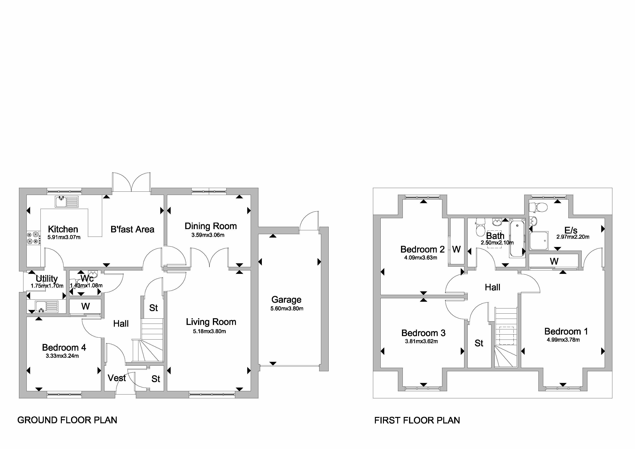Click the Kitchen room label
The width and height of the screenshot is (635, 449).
point(63,229)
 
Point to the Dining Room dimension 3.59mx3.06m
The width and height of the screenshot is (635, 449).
point(208,235)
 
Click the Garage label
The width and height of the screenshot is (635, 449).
point(286,300)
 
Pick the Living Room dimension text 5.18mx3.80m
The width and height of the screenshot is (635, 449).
point(209,331)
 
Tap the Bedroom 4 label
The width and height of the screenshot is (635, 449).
point(64,347)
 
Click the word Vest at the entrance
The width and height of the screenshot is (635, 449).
point(117,378)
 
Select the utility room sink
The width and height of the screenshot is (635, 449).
point(46,307)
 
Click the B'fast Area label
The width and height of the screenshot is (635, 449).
point(132,229)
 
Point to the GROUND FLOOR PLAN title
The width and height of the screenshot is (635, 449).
point(67,420)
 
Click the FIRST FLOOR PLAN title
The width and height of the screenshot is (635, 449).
point(417,420)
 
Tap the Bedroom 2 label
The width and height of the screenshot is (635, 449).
point(422,249)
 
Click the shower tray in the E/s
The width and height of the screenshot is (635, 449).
point(539,240)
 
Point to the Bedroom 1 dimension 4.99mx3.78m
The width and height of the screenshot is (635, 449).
point(563,340)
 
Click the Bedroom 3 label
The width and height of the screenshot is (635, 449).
point(423,333)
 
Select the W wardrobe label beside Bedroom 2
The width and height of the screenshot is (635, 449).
point(456,249)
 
